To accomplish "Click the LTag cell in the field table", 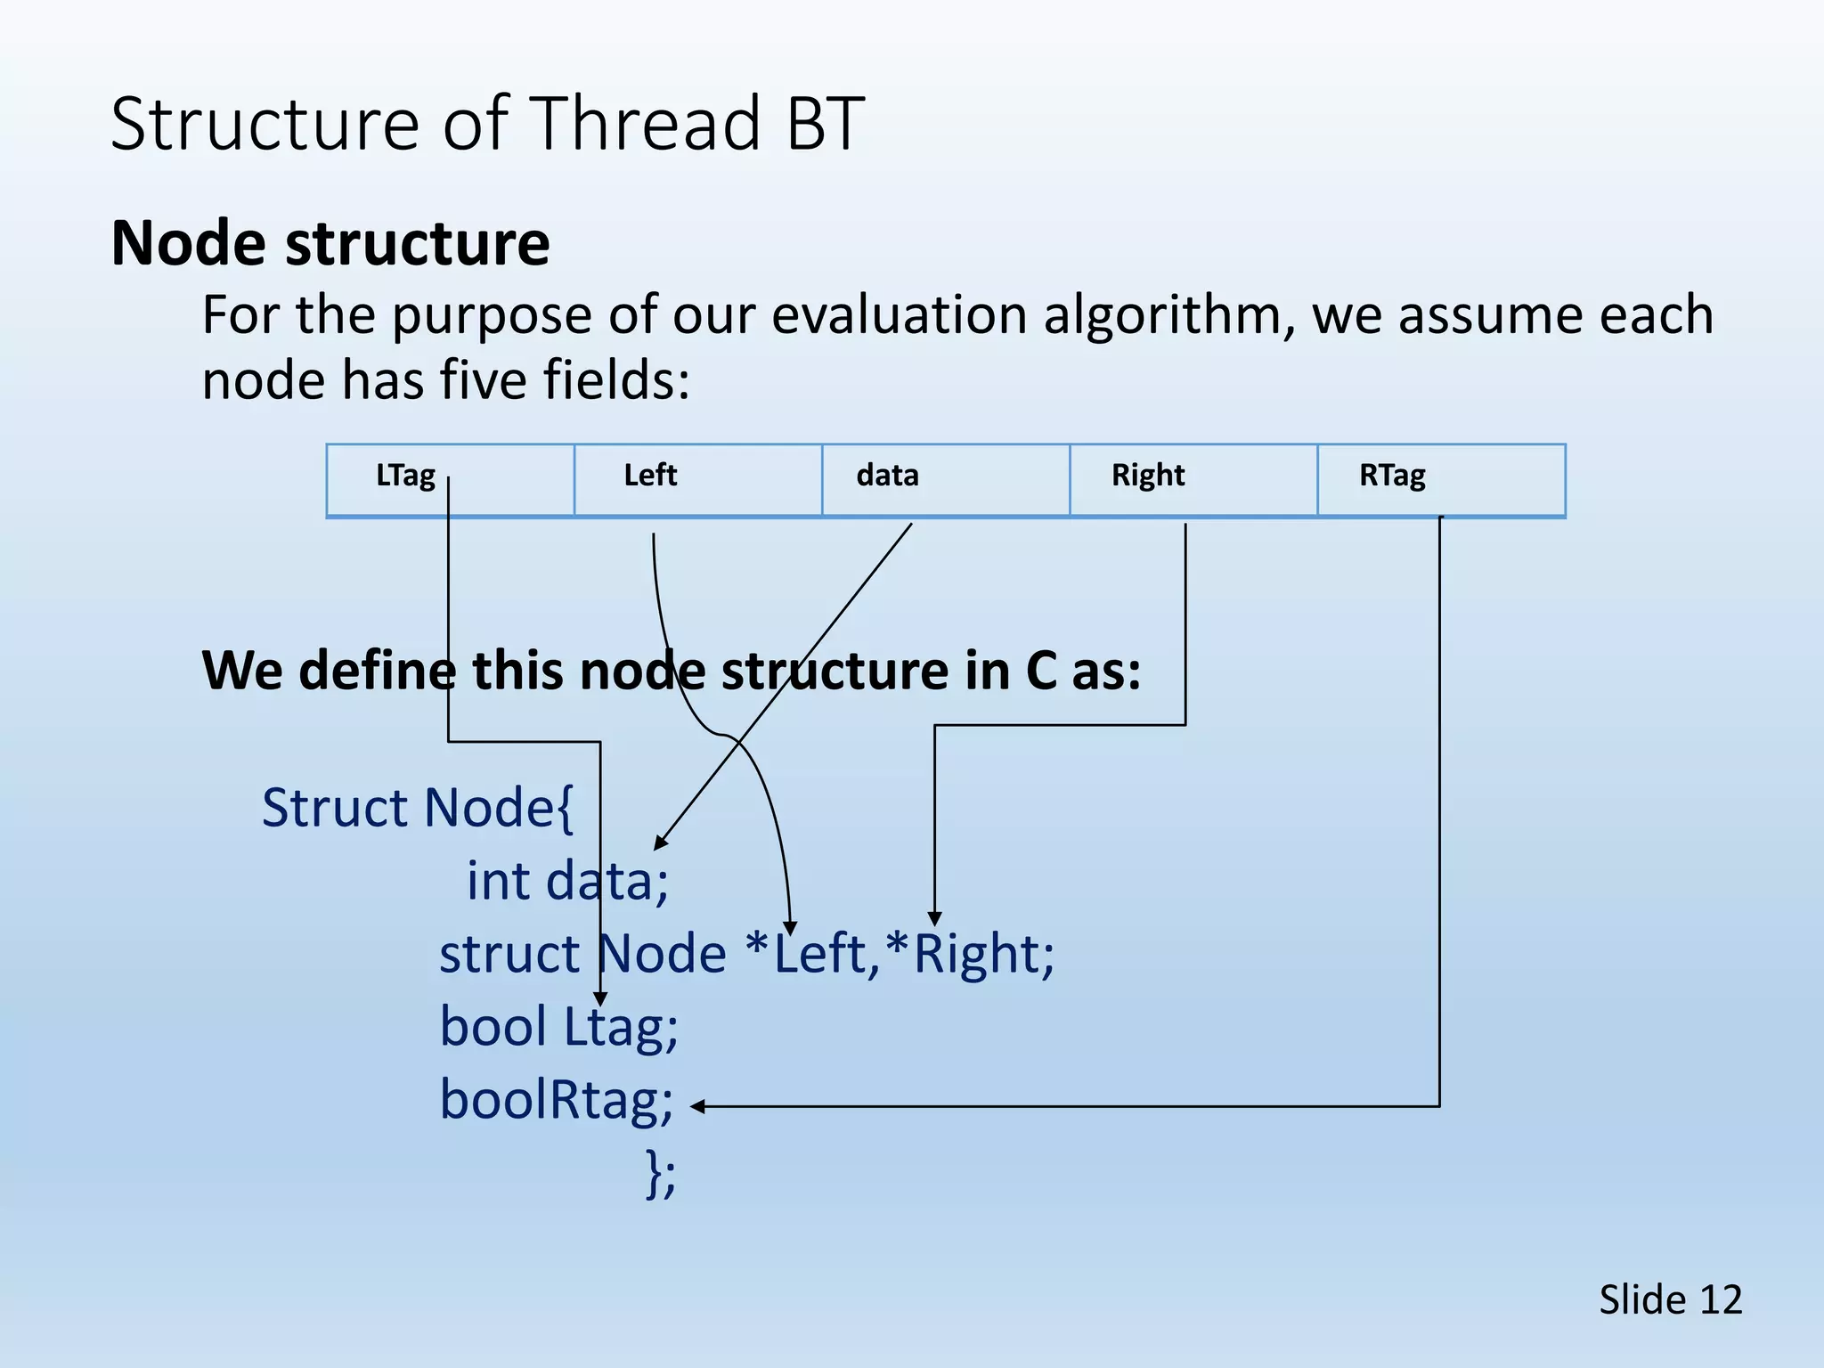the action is (450, 479).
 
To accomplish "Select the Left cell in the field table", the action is (697, 479).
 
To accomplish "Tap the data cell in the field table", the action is (945, 479).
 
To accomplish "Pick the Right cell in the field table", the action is (1193, 479).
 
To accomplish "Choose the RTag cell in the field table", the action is (1440, 479).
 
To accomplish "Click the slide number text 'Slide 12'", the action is (1670, 1299).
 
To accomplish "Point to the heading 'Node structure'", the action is (330, 243).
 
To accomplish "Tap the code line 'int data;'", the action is (567, 881).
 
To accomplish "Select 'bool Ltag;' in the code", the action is (558, 1027).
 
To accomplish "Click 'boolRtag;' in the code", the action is (557, 1100).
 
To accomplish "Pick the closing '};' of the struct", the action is (661, 1175).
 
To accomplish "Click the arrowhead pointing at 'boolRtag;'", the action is (698, 1106).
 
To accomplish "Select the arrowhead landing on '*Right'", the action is (934, 919).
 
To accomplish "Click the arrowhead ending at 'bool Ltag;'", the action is (600, 999).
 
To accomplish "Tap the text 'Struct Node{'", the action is (418, 808).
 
